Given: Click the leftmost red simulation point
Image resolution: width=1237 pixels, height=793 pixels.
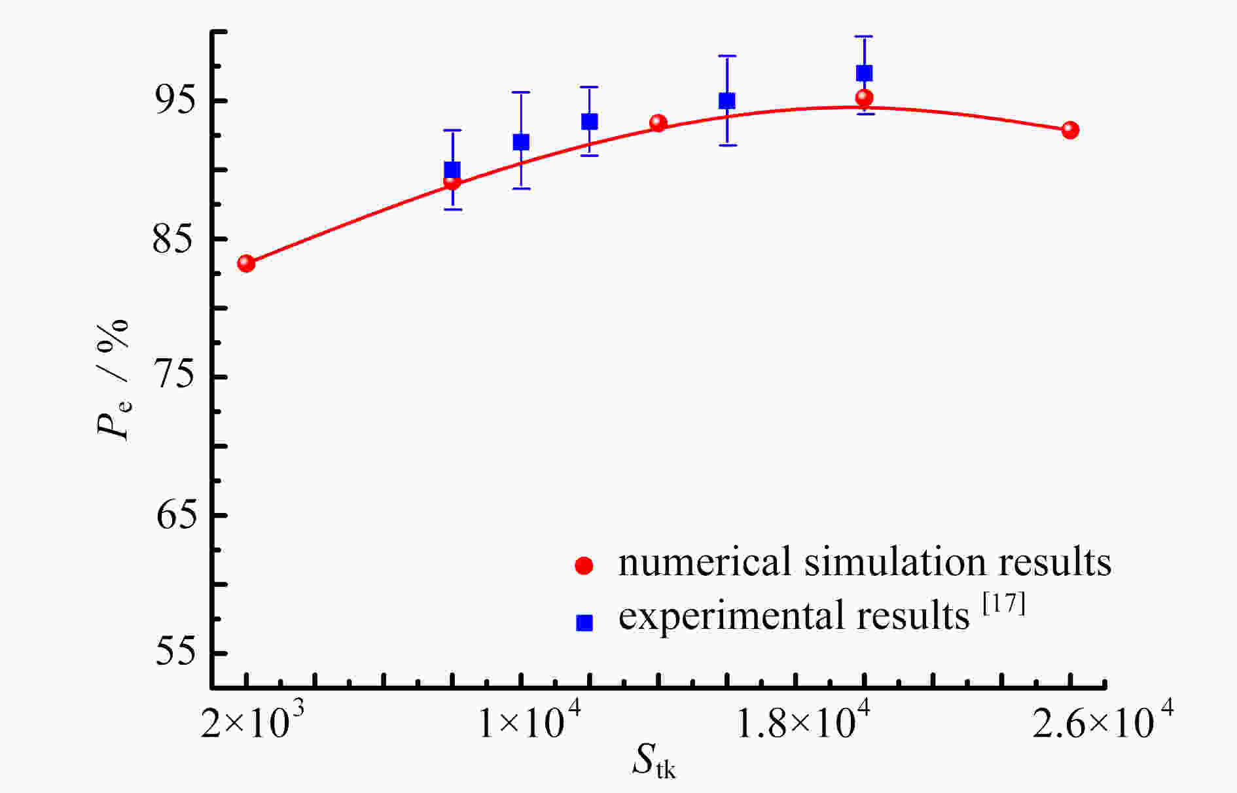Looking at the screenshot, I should click(x=246, y=264).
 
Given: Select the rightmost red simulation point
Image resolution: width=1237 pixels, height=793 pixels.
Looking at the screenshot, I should click(x=1070, y=130).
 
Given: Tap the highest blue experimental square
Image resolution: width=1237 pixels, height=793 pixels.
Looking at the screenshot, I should click(x=864, y=73).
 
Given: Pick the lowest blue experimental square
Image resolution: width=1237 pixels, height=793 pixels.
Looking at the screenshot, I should click(x=452, y=170).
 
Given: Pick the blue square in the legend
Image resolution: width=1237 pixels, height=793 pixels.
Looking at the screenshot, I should click(x=584, y=622).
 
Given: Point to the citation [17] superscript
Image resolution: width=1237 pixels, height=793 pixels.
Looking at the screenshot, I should click(x=1004, y=603).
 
